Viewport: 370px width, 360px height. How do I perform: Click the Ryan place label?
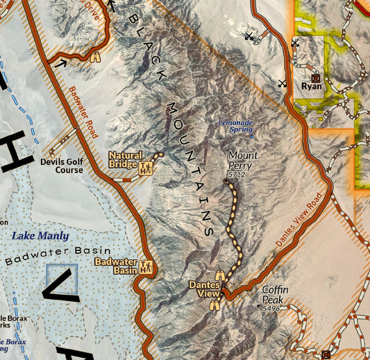point(312,87)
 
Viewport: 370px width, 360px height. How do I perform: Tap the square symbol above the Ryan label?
point(315,77)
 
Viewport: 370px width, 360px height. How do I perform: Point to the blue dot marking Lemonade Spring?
point(252,136)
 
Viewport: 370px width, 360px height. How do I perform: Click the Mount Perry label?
point(243,161)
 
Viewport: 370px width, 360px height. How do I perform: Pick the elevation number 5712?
point(237,175)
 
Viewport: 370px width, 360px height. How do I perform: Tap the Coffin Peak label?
point(275,294)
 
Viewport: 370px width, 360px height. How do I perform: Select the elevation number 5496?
point(271,307)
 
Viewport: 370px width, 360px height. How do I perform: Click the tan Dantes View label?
point(205,289)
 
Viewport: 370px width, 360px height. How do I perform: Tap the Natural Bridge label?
point(125,160)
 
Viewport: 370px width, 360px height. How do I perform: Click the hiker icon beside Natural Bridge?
point(146,168)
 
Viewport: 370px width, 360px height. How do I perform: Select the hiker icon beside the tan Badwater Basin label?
point(146,267)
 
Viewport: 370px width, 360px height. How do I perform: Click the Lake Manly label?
point(40,236)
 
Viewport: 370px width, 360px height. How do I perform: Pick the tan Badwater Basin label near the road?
point(115,266)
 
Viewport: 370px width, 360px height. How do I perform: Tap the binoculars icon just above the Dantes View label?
point(219,276)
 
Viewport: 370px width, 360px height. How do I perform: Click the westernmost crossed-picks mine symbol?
point(249,35)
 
